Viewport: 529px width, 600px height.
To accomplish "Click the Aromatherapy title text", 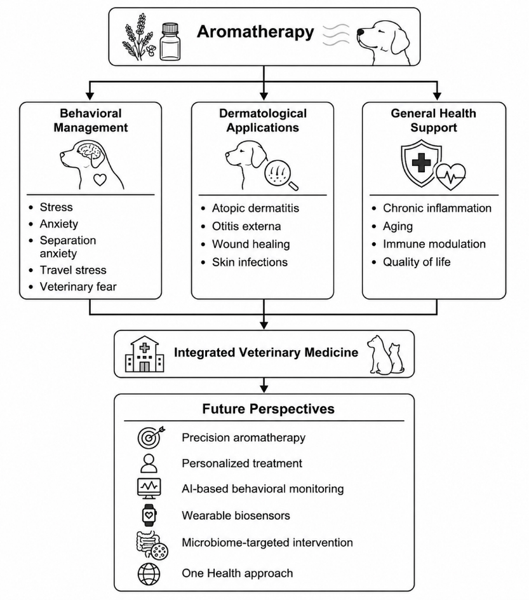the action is tap(255, 32).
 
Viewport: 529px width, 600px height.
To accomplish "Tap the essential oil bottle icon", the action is tap(170, 42).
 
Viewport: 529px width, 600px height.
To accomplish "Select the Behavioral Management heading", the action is tap(91, 120).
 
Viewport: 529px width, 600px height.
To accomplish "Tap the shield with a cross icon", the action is tap(421, 163).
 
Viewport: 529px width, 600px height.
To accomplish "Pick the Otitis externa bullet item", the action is tap(246, 226).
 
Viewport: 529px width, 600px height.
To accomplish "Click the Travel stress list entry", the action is tap(73, 269).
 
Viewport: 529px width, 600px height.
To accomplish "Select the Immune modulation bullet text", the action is tap(434, 244).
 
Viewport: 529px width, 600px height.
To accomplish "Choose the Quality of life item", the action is tap(417, 262).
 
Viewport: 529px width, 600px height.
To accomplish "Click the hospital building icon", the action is tap(145, 354).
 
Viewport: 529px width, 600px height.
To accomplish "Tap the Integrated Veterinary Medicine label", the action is tap(266, 352).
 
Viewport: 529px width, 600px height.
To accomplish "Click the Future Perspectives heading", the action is tap(269, 409).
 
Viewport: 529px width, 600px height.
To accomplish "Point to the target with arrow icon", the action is tap(151, 437).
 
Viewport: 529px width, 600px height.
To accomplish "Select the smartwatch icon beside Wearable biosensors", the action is tap(149, 515).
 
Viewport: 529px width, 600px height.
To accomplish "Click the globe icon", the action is tap(149, 573).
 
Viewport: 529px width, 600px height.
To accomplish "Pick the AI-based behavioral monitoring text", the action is tap(262, 489).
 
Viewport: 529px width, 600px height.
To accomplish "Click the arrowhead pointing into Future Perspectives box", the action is tap(264, 389).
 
